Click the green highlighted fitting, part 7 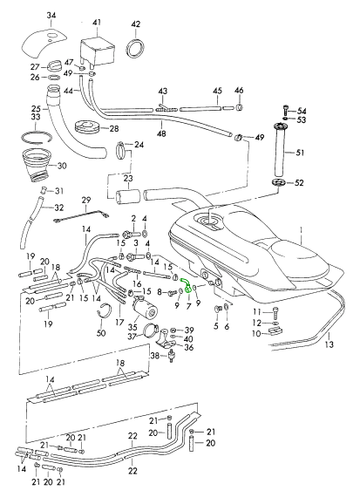coord(187,283)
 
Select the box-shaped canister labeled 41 coord(97,52)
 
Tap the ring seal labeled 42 coord(136,48)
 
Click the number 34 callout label coord(51,16)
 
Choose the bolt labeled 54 coord(285,110)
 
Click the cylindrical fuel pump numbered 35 coord(145,308)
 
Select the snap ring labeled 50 coord(105,310)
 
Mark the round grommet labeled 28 coord(87,126)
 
